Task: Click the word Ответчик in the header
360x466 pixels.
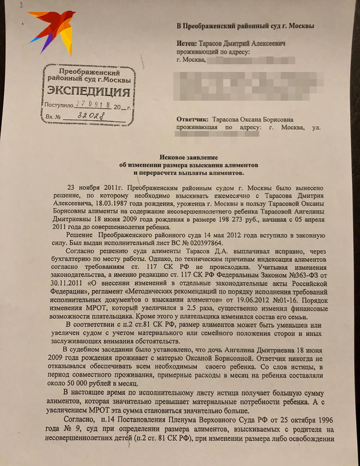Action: point(193,119)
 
